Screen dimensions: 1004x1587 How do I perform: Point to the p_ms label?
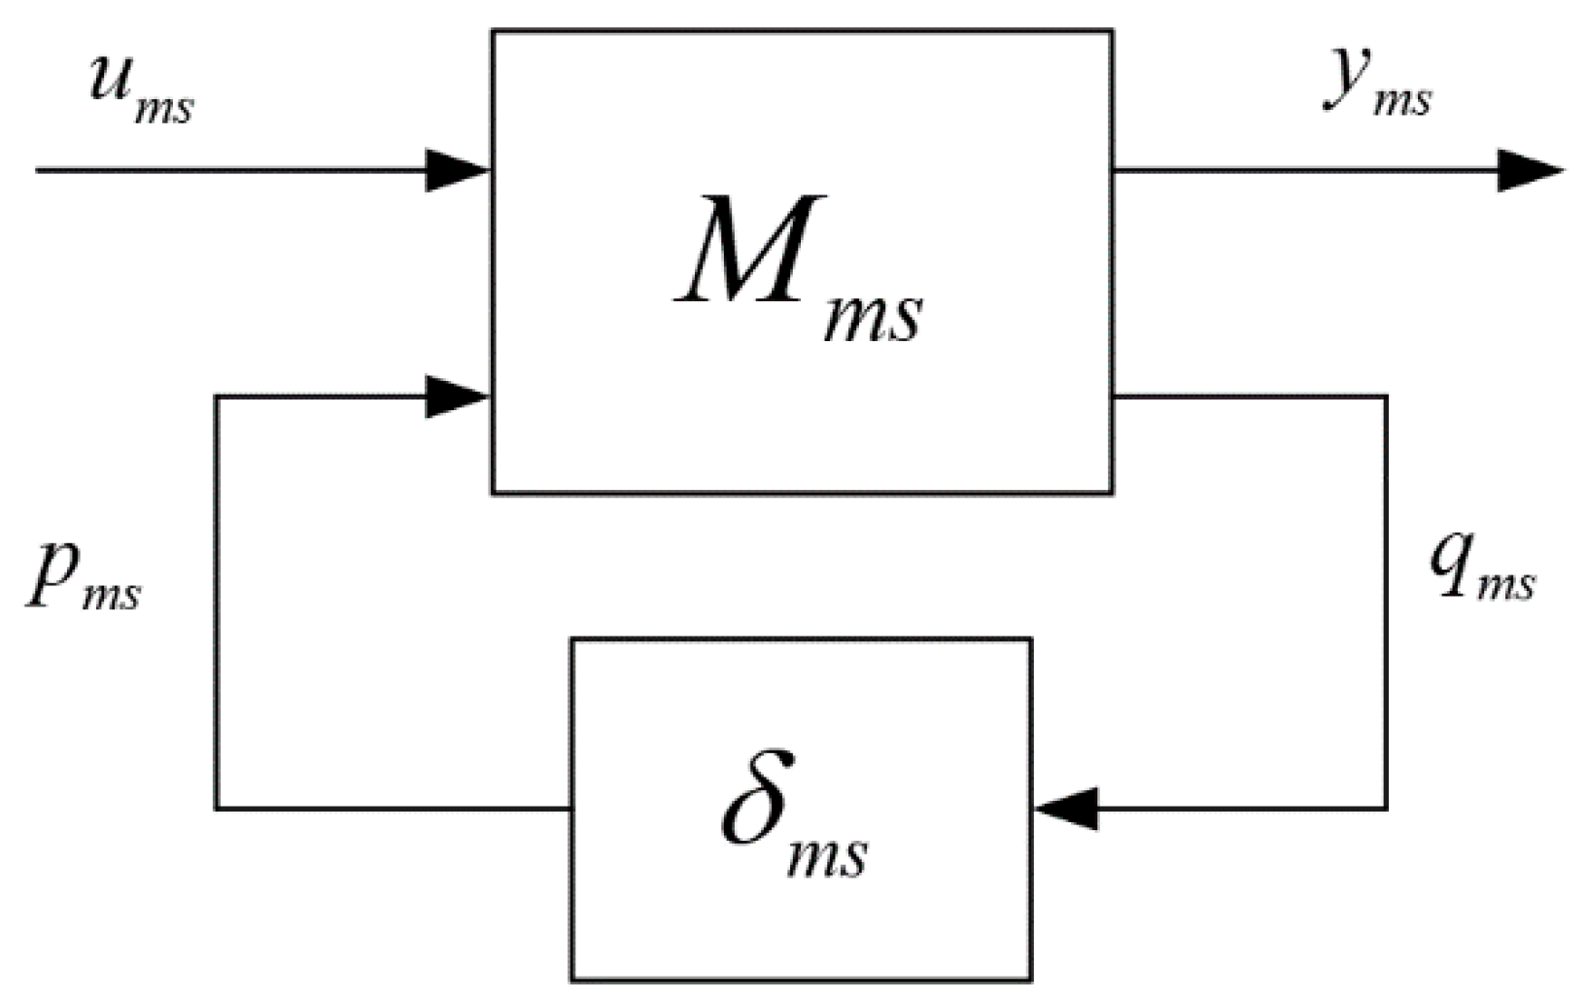[x=83, y=578]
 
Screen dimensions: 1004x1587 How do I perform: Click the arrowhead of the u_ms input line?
[x=457, y=170]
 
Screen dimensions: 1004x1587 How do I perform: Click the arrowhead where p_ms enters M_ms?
[x=457, y=397]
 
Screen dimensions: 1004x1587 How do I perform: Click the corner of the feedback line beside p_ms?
[x=216, y=808]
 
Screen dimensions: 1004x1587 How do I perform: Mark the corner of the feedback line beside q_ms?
[x=1386, y=808]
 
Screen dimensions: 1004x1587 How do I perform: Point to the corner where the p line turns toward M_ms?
[x=216, y=397]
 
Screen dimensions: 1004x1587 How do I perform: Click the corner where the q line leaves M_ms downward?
[x=1386, y=397]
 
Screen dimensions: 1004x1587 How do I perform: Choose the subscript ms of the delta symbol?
[x=826, y=860]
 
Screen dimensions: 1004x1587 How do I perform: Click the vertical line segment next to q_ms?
[x=1386, y=603]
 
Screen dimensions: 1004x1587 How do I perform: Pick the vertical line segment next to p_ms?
[x=216, y=603]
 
